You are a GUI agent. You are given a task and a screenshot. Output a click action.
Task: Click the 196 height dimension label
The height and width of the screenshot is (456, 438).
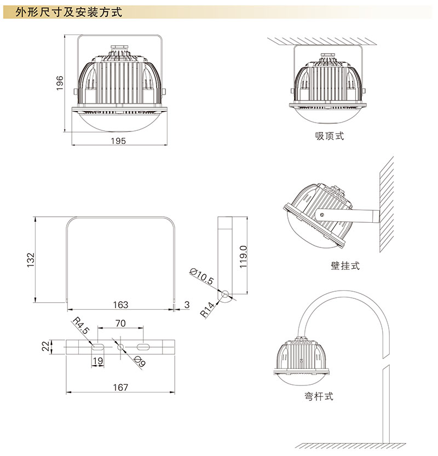(x=60, y=83)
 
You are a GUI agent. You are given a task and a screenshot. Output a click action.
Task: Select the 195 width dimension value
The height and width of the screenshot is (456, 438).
(x=118, y=141)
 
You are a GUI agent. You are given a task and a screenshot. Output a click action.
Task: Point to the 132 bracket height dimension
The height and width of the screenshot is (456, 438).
(x=31, y=259)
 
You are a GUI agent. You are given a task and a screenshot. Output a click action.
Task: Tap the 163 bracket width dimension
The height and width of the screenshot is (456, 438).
(x=120, y=305)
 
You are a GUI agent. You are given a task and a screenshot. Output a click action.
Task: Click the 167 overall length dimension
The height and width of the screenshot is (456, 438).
(x=120, y=388)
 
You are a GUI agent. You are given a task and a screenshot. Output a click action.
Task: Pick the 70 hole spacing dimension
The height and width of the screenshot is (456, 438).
(x=120, y=324)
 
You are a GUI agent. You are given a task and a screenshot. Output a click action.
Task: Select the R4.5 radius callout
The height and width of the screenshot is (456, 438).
(x=81, y=325)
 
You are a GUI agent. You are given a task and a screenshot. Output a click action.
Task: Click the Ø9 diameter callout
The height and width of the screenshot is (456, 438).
(x=140, y=361)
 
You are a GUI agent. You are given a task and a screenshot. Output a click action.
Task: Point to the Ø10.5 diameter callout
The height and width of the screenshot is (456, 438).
(x=201, y=276)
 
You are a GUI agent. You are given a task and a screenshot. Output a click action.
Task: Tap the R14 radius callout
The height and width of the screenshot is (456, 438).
(x=208, y=309)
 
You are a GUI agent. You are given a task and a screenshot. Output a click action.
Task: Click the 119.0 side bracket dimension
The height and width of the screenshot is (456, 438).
(x=243, y=257)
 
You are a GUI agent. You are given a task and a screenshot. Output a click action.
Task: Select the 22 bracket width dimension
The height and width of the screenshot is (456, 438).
(x=45, y=347)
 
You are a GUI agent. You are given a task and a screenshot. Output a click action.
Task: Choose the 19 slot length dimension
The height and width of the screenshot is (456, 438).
(x=97, y=361)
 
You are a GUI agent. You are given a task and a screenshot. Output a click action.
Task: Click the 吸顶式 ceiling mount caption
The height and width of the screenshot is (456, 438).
(x=329, y=136)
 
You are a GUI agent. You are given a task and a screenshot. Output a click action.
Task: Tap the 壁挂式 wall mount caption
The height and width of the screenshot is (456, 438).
(x=345, y=265)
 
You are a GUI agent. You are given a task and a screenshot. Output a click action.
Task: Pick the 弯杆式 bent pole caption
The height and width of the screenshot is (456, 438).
(x=319, y=396)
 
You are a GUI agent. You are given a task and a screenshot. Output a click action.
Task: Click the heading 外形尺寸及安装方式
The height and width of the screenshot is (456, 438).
(x=68, y=12)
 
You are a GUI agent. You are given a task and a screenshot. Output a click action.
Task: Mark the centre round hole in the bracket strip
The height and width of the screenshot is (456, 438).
(x=120, y=347)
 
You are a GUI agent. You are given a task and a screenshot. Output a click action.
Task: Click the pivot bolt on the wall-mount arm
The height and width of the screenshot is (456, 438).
(x=322, y=215)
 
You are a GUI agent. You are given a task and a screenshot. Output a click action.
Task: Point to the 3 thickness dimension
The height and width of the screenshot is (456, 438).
(x=187, y=305)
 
